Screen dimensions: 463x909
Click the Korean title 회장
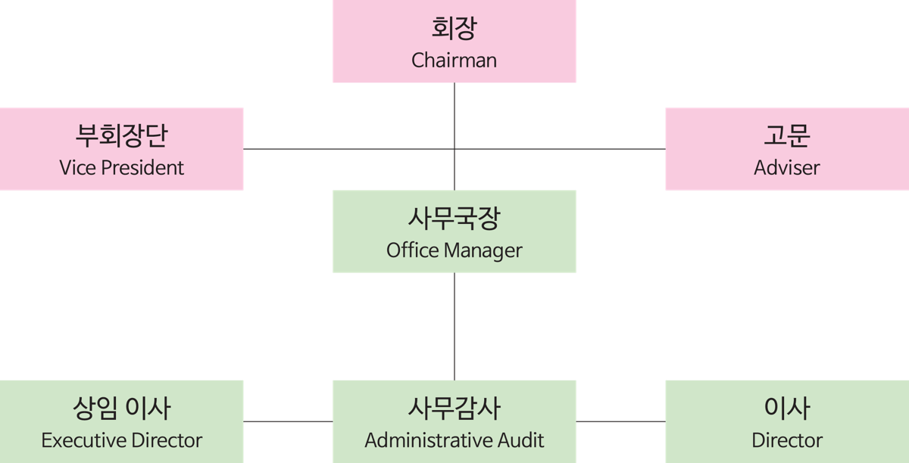click(x=454, y=30)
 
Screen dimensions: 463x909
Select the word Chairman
click(x=454, y=61)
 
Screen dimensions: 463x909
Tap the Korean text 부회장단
click(x=122, y=135)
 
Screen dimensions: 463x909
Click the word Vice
click(x=77, y=167)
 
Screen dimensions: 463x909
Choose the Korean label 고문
click(x=787, y=135)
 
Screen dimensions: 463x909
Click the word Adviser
click(x=787, y=167)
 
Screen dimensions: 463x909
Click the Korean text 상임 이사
click(x=122, y=409)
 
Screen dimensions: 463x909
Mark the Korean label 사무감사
click(x=454, y=409)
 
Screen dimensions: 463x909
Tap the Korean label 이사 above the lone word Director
click(x=787, y=409)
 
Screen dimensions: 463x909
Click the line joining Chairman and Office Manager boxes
click(x=454, y=113)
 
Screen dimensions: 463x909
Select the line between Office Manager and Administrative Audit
click(x=454, y=325)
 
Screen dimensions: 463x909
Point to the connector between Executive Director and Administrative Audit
click(x=288, y=421)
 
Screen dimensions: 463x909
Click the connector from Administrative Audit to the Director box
click(x=620, y=421)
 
